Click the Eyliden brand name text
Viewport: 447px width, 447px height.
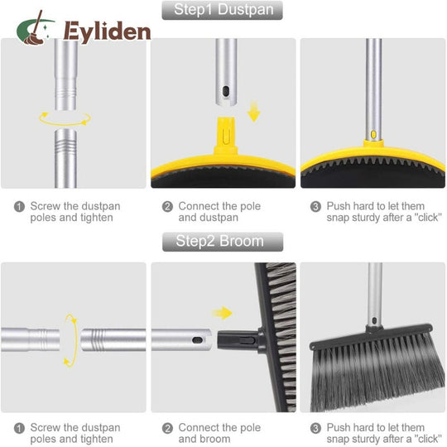coord(107,32)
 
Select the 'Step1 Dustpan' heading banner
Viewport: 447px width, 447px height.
coord(223,10)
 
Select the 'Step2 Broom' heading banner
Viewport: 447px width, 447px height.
coord(223,242)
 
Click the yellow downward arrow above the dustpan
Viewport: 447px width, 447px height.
coord(253,111)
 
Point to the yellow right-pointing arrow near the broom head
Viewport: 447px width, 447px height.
coord(222,313)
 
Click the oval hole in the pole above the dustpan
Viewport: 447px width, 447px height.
coord(226,92)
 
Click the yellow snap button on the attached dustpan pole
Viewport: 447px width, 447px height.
coord(373,134)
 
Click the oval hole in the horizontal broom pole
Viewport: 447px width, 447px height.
coord(197,340)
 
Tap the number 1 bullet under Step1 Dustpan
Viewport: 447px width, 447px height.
coord(19,206)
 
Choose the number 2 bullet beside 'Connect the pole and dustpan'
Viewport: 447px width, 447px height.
coord(167,206)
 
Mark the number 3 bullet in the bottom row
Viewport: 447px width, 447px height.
coord(315,428)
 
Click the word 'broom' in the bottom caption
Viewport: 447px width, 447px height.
coord(216,439)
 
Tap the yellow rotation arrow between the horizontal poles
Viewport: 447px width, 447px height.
coord(75,341)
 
